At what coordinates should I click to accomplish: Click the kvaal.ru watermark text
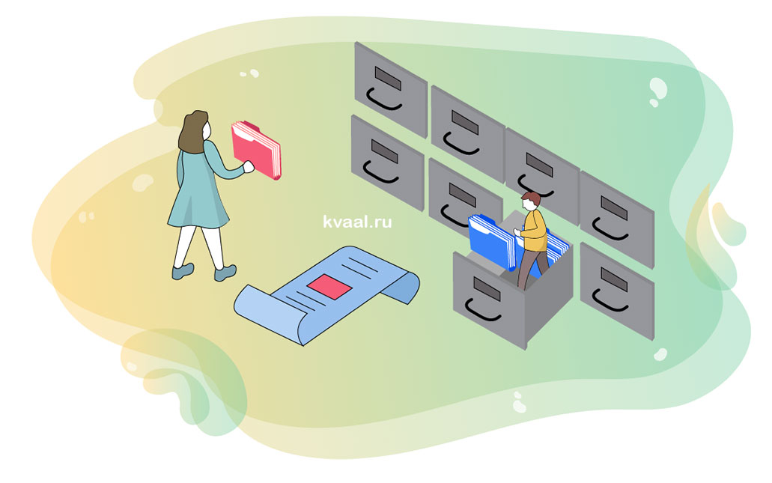click(x=357, y=222)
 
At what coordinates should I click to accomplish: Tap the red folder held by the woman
click(x=255, y=149)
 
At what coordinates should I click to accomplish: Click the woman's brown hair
click(x=192, y=130)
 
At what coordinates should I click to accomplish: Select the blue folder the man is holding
click(x=490, y=239)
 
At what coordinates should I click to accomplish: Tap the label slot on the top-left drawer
click(x=388, y=78)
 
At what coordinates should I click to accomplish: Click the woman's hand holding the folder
click(x=248, y=168)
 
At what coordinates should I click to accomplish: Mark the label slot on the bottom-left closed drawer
click(x=386, y=151)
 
